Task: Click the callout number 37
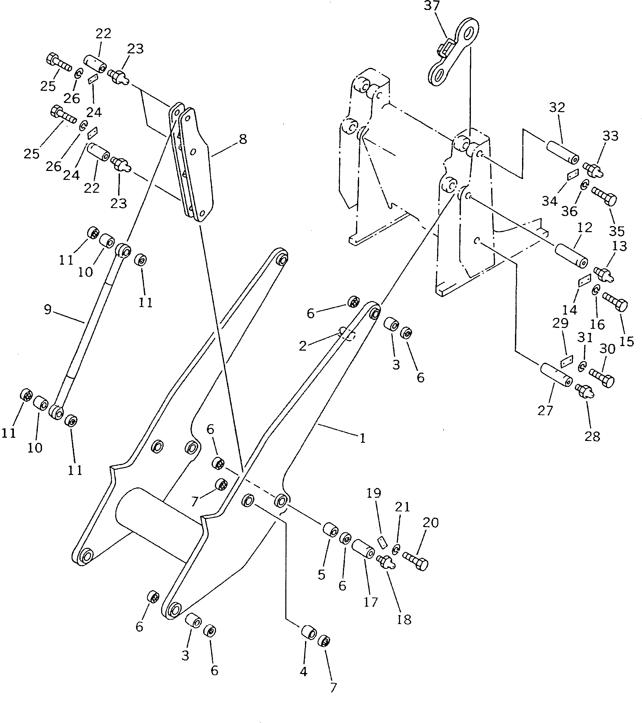(432, 6)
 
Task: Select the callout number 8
(243, 139)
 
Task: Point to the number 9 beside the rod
(48, 310)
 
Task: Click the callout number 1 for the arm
(362, 439)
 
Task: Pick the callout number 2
(303, 346)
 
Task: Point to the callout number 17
(371, 602)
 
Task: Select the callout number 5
(321, 575)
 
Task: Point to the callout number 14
(570, 310)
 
